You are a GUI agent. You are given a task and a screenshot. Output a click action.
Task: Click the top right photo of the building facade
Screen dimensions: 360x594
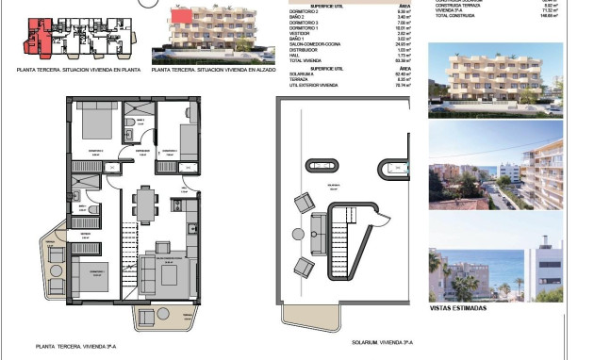click(x=495, y=81)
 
